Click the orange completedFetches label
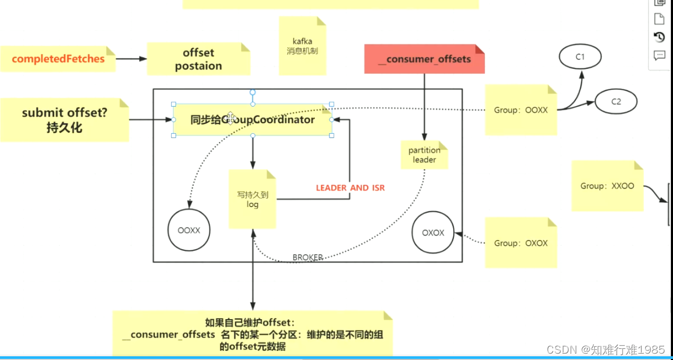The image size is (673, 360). pos(58,59)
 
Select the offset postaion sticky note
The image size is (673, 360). pos(198,59)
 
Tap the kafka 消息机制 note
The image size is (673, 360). pos(302,46)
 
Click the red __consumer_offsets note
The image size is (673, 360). pos(424,59)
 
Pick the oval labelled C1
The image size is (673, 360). pos(580,56)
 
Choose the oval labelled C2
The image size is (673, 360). pos(616,101)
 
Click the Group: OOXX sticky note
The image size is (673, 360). pos(521,110)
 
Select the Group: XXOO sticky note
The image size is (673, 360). pos(607,186)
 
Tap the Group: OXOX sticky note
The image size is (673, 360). pos(521,243)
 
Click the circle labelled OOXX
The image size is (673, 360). pos(189,231)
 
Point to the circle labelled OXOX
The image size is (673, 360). pos(433,233)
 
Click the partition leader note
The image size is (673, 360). pos(424,155)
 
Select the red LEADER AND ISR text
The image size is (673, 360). pos(350,188)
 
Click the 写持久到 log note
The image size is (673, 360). pos(252,200)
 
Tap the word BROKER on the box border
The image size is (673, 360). pos(308,258)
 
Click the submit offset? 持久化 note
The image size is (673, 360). pos(64,120)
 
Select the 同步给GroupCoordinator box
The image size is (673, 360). pos(252,120)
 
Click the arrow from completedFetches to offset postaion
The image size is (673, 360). pos(131,59)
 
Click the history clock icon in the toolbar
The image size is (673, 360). pos(659,37)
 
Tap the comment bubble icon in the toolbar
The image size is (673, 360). pos(659,55)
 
